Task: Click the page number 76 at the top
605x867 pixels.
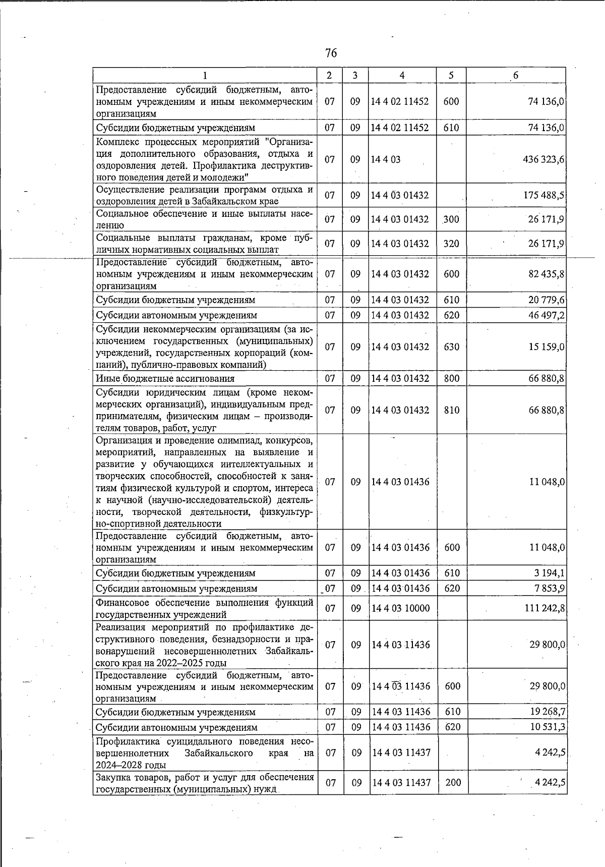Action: tap(331, 53)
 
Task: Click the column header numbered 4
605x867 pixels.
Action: tap(402, 75)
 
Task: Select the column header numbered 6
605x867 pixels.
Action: tap(515, 76)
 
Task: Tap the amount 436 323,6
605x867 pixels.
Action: tap(543, 159)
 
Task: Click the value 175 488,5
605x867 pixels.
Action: tap(543, 195)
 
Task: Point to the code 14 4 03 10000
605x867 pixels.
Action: tap(400, 608)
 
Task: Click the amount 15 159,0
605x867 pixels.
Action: tap(546, 347)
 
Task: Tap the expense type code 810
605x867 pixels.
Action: tap(452, 410)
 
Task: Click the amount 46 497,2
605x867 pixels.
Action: tap(546, 315)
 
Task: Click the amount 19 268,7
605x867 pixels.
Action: tap(546, 712)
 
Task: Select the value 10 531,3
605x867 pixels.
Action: tap(546, 727)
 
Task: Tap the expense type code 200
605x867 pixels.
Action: tap(453, 783)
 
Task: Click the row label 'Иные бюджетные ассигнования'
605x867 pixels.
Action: tap(165, 378)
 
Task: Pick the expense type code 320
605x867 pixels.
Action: tap(451, 244)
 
